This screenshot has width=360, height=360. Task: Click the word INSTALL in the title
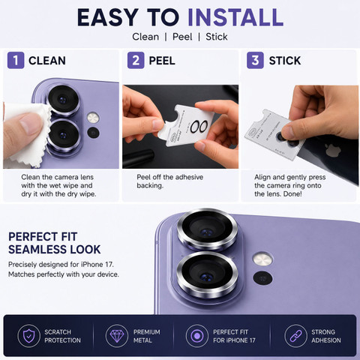(235, 17)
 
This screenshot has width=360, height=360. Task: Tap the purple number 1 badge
(16, 60)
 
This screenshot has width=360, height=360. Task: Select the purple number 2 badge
(136, 60)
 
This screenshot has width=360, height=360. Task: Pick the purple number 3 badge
(255, 60)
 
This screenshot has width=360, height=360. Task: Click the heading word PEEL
(162, 61)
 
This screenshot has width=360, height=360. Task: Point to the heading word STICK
(285, 61)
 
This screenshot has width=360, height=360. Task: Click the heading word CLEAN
(47, 61)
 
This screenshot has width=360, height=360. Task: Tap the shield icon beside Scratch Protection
(29, 336)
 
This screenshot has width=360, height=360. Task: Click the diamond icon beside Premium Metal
(117, 336)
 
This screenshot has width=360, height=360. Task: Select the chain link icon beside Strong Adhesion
(295, 336)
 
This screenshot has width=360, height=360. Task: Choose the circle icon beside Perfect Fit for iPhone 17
(197, 336)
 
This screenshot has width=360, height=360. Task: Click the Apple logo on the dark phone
(330, 150)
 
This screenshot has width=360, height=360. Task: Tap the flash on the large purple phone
(262, 259)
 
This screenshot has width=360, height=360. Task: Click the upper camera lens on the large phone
(207, 229)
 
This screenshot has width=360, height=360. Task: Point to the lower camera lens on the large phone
(207, 274)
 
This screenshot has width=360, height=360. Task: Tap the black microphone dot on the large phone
(262, 278)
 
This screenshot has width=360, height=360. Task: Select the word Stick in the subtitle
(217, 37)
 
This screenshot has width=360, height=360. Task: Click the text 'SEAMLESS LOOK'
(55, 250)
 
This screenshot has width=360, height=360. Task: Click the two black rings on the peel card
(199, 127)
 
